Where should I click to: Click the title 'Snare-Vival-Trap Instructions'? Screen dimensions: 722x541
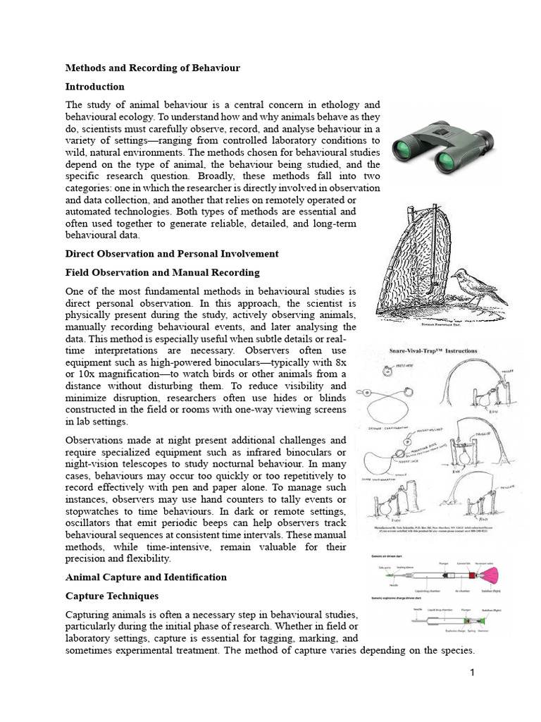tap(433, 350)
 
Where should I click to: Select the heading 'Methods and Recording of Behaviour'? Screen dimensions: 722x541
tap(153, 68)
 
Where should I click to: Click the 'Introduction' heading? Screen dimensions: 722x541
tap(95, 87)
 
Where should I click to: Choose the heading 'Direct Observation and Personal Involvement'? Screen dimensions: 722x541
tap(172, 254)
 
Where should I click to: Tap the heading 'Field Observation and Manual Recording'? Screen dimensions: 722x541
tap(163, 272)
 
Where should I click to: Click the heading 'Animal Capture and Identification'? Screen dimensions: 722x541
tap(146, 577)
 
